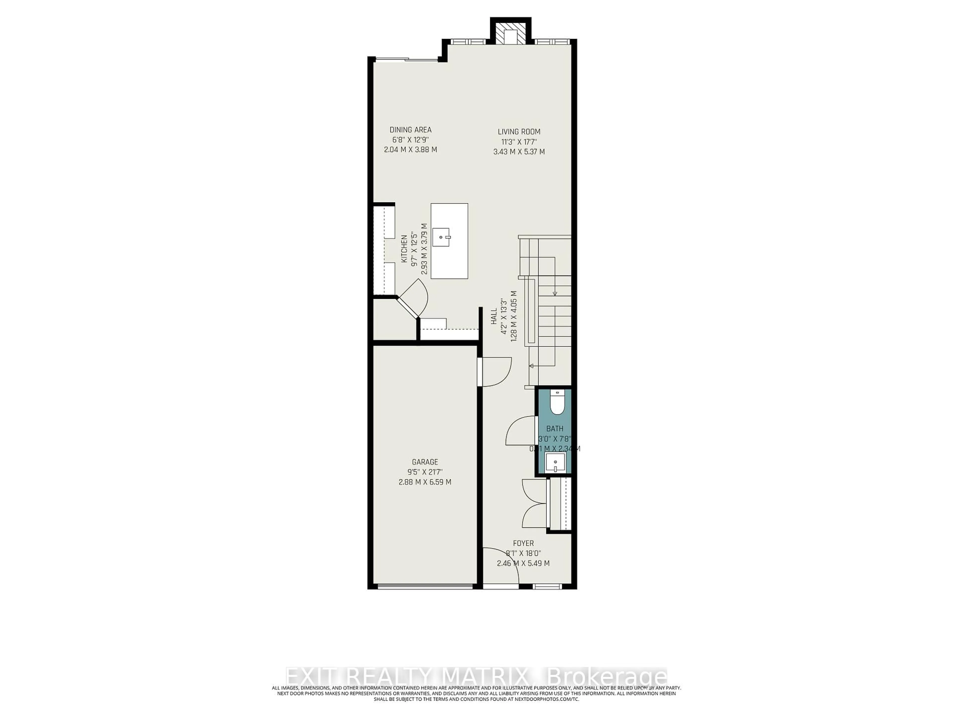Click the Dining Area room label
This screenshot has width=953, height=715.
click(410, 130)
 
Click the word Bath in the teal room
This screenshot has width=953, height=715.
click(554, 429)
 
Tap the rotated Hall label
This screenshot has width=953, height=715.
click(494, 316)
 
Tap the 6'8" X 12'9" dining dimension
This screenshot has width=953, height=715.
click(410, 140)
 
